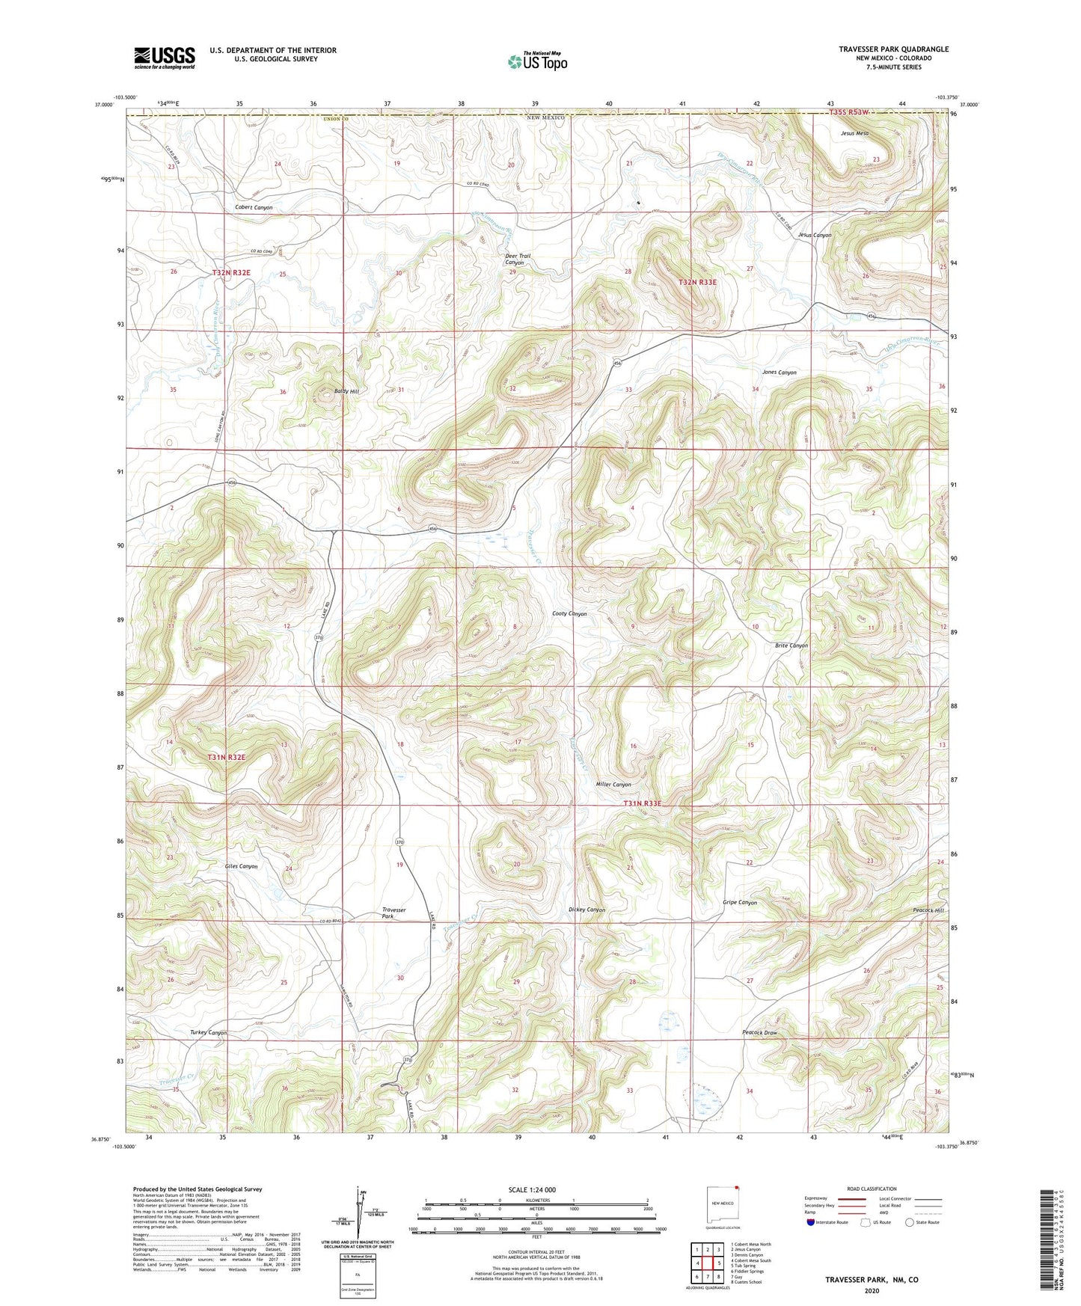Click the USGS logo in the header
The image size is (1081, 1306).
tap(165, 57)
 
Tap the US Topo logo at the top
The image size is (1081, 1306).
tap(537, 61)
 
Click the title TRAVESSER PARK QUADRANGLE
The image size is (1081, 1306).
tap(893, 49)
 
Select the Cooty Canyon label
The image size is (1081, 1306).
tap(569, 614)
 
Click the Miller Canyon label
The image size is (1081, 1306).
tap(613, 785)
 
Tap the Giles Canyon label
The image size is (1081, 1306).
tap(241, 866)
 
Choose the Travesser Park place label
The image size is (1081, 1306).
tap(393, 913)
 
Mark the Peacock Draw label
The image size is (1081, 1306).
tap(760, 1033)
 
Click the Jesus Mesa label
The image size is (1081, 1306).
tap(854, 133)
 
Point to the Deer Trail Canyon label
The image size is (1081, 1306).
tap(518, 259)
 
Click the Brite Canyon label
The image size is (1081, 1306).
tap(791, 646)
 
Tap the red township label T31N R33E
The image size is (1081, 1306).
tap(643, 803)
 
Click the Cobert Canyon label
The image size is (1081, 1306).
tap(254, 207)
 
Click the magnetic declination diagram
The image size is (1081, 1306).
tap(358, 1217)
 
